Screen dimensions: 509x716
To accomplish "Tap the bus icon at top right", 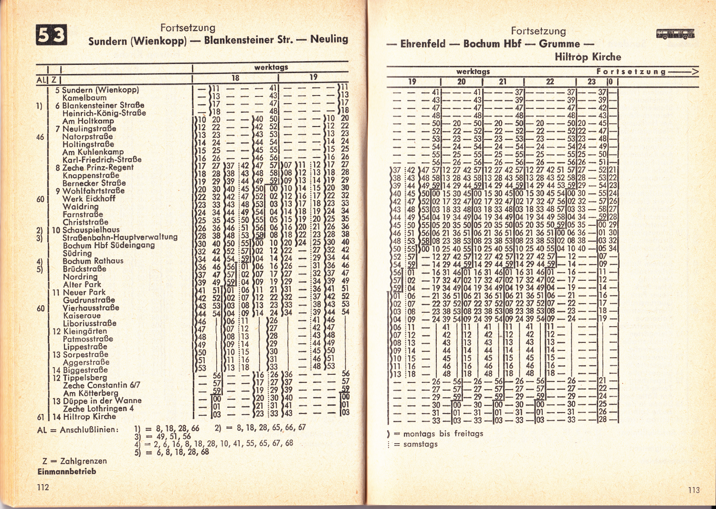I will coord(675,34).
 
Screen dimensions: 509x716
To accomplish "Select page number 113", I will coord(694,490).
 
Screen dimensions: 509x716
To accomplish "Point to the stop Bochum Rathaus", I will coord(93,261).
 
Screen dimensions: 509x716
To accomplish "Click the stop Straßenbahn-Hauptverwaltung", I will coord(120,237).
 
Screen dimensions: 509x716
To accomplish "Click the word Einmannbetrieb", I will coord(67,471).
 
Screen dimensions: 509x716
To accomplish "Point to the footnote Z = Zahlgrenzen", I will coord(74,461).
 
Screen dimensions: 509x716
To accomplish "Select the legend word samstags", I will coord(421,444).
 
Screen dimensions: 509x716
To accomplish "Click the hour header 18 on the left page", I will coord(235,78).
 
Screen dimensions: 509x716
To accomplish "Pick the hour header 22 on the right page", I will coord(550,82).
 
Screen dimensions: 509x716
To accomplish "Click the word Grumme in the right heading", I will coord(559,44).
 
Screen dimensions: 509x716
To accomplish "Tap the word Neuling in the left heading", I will coord(329,39).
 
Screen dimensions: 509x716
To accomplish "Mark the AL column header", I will coord(42,80).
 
